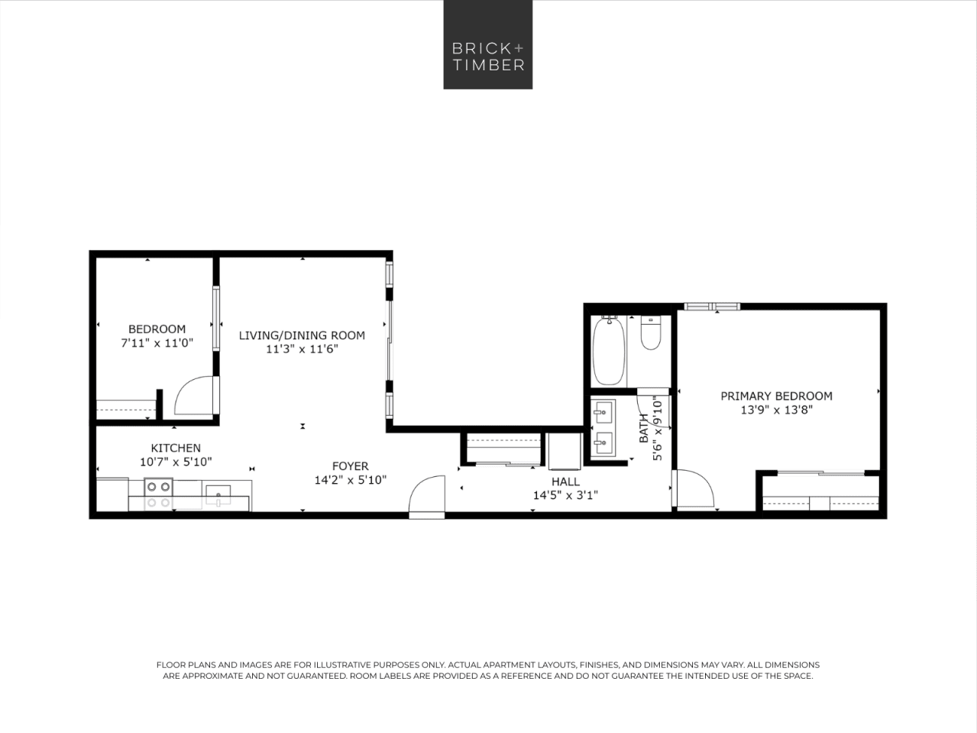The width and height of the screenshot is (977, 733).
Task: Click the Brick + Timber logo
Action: pyautogui.click(x=487, y=44)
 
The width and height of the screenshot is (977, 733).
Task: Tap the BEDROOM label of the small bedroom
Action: pyautogui.click(x=157, y=329)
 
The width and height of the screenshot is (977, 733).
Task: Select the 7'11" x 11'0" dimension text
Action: pyautogui.click(x=157, y=343)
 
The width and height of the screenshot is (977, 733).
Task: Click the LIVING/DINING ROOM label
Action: pyautogui.click(x=302, y=336)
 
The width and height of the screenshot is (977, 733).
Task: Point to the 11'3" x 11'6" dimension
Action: pyautogui.click(x=302, y=349)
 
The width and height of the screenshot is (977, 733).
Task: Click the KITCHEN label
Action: pyautogui.click(x=176, y=449)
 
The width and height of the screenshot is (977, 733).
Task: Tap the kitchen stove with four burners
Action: pyautogui.click(x=158, y=494)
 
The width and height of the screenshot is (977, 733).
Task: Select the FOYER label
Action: pyautogui.click(x=351, y=466)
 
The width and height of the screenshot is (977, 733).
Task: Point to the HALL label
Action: pyautogui.click(x=565, y=482)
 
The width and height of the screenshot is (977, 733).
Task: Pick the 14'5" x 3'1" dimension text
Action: pyautogui.click(x=565, y=495)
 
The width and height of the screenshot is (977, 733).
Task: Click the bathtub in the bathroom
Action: pyautogui.click(x=609, y=351)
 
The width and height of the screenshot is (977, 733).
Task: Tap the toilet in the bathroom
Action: pyautogui.click(x=651, y=333)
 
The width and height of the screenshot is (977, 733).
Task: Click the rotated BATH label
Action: pyautogui.click(x=644, y=428)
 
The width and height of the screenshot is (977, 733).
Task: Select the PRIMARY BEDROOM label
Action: pyautogui.click(x=776, y=396)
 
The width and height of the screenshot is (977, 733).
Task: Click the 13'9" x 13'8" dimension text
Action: pyautogui.click(x=776, y=410)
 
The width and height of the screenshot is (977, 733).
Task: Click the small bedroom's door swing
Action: pyautogui.click(x=195, y=396)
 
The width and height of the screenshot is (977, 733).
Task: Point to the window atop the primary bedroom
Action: pyautogui.click(x=712, y=306)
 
